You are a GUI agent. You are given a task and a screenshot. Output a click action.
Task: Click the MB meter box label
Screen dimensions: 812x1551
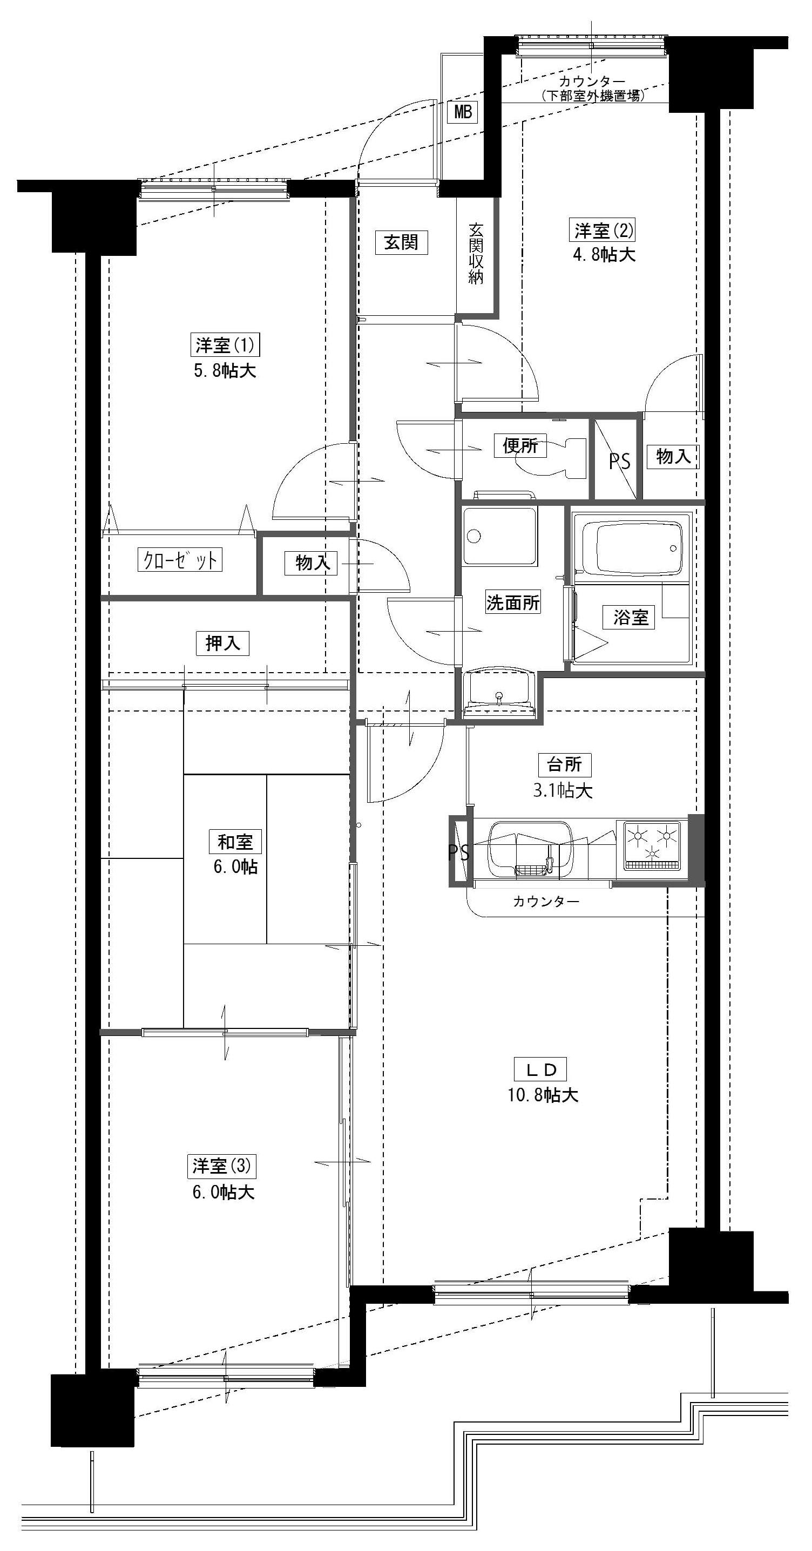pyautogui.click(x=463, y=112)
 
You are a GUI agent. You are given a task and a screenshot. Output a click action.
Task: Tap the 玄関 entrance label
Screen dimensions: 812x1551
pyautogui.click(x=401, y=242)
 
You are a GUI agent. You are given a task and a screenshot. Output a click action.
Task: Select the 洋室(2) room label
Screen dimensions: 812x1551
pyautogui.click(x=602, y=231)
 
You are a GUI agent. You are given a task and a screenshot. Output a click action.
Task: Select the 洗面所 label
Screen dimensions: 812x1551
pyautogui.click(x=513, y=602)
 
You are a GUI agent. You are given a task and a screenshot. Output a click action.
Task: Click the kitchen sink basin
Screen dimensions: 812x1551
pyautogui.click(x=530, y=850)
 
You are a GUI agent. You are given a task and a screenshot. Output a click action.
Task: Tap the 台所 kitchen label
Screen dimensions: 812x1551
pyautogui.click(x=564, y=764)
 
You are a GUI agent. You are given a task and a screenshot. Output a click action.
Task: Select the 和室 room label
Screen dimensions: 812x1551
pyautogui.click(x=235, y=842)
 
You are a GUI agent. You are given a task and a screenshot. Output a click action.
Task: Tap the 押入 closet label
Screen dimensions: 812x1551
pyautogui.click(x=223, y=644)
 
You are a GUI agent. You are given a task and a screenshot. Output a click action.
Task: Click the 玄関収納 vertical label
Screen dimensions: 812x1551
pyautogui.click(x=476, y=254)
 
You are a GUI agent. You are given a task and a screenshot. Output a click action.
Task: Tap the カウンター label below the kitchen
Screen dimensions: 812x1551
pyautogui.click(x=546, y=902)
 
